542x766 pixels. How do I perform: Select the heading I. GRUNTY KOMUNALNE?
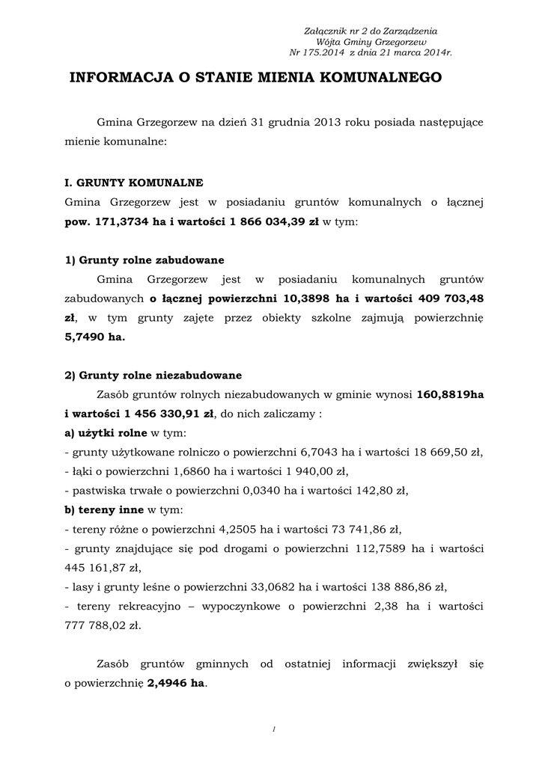point(134,182)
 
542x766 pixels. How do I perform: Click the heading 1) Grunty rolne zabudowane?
point(144,260)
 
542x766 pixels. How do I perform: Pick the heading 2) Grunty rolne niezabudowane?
point(153,376)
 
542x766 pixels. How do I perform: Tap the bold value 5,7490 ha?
point(95,337)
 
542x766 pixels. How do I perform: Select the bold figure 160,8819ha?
point(451,394)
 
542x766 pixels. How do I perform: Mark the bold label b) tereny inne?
point(104,510)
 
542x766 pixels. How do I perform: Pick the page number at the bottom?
point(275,729)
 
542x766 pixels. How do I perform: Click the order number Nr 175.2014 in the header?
point(318,53)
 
